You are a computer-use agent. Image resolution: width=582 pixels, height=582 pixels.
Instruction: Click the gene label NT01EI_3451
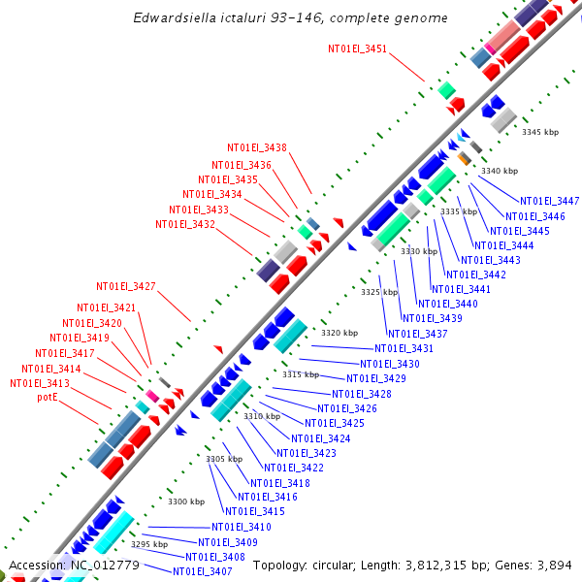(357, 48)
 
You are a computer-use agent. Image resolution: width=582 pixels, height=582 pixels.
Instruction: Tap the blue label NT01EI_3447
(549, 202)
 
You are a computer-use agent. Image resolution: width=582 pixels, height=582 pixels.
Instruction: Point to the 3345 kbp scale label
(540, 132)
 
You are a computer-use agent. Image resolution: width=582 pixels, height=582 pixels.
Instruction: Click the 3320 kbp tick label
(339, 333)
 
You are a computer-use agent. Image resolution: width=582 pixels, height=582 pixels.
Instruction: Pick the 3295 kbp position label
(149, 545)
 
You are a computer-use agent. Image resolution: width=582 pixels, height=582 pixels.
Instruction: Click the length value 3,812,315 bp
(460, 566)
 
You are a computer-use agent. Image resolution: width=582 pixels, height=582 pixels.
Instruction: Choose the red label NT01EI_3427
(125, 287)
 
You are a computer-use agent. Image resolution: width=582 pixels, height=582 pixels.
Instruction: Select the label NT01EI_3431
(404, 349)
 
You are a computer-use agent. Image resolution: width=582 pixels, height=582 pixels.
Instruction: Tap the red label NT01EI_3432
(184, 225)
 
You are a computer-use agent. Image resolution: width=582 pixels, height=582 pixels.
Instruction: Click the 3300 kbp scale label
(186, 501)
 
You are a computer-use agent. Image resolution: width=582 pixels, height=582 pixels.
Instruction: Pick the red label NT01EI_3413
(40, 384)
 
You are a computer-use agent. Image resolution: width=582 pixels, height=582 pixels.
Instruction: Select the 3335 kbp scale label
(459, 211)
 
